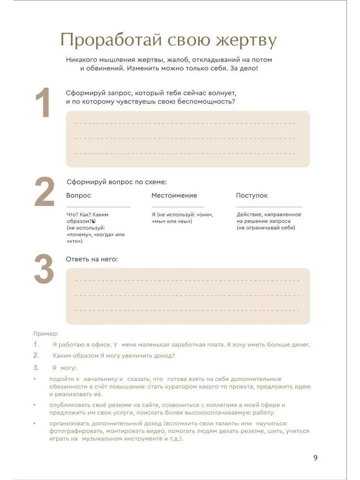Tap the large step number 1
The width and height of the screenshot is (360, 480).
(43, 103)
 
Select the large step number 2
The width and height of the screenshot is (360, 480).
(44, 193)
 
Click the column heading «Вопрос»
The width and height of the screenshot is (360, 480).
(78, 195)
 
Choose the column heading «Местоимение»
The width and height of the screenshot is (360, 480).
(174, 195)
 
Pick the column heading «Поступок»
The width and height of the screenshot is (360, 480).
(252, 195)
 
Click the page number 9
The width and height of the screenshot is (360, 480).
(315, 457)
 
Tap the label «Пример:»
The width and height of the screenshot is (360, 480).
(46, 333)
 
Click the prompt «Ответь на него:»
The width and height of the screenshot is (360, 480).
(92, 259)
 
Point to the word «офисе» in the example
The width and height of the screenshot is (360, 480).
(101, 345)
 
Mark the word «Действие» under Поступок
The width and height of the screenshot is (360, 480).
(249, 215)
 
